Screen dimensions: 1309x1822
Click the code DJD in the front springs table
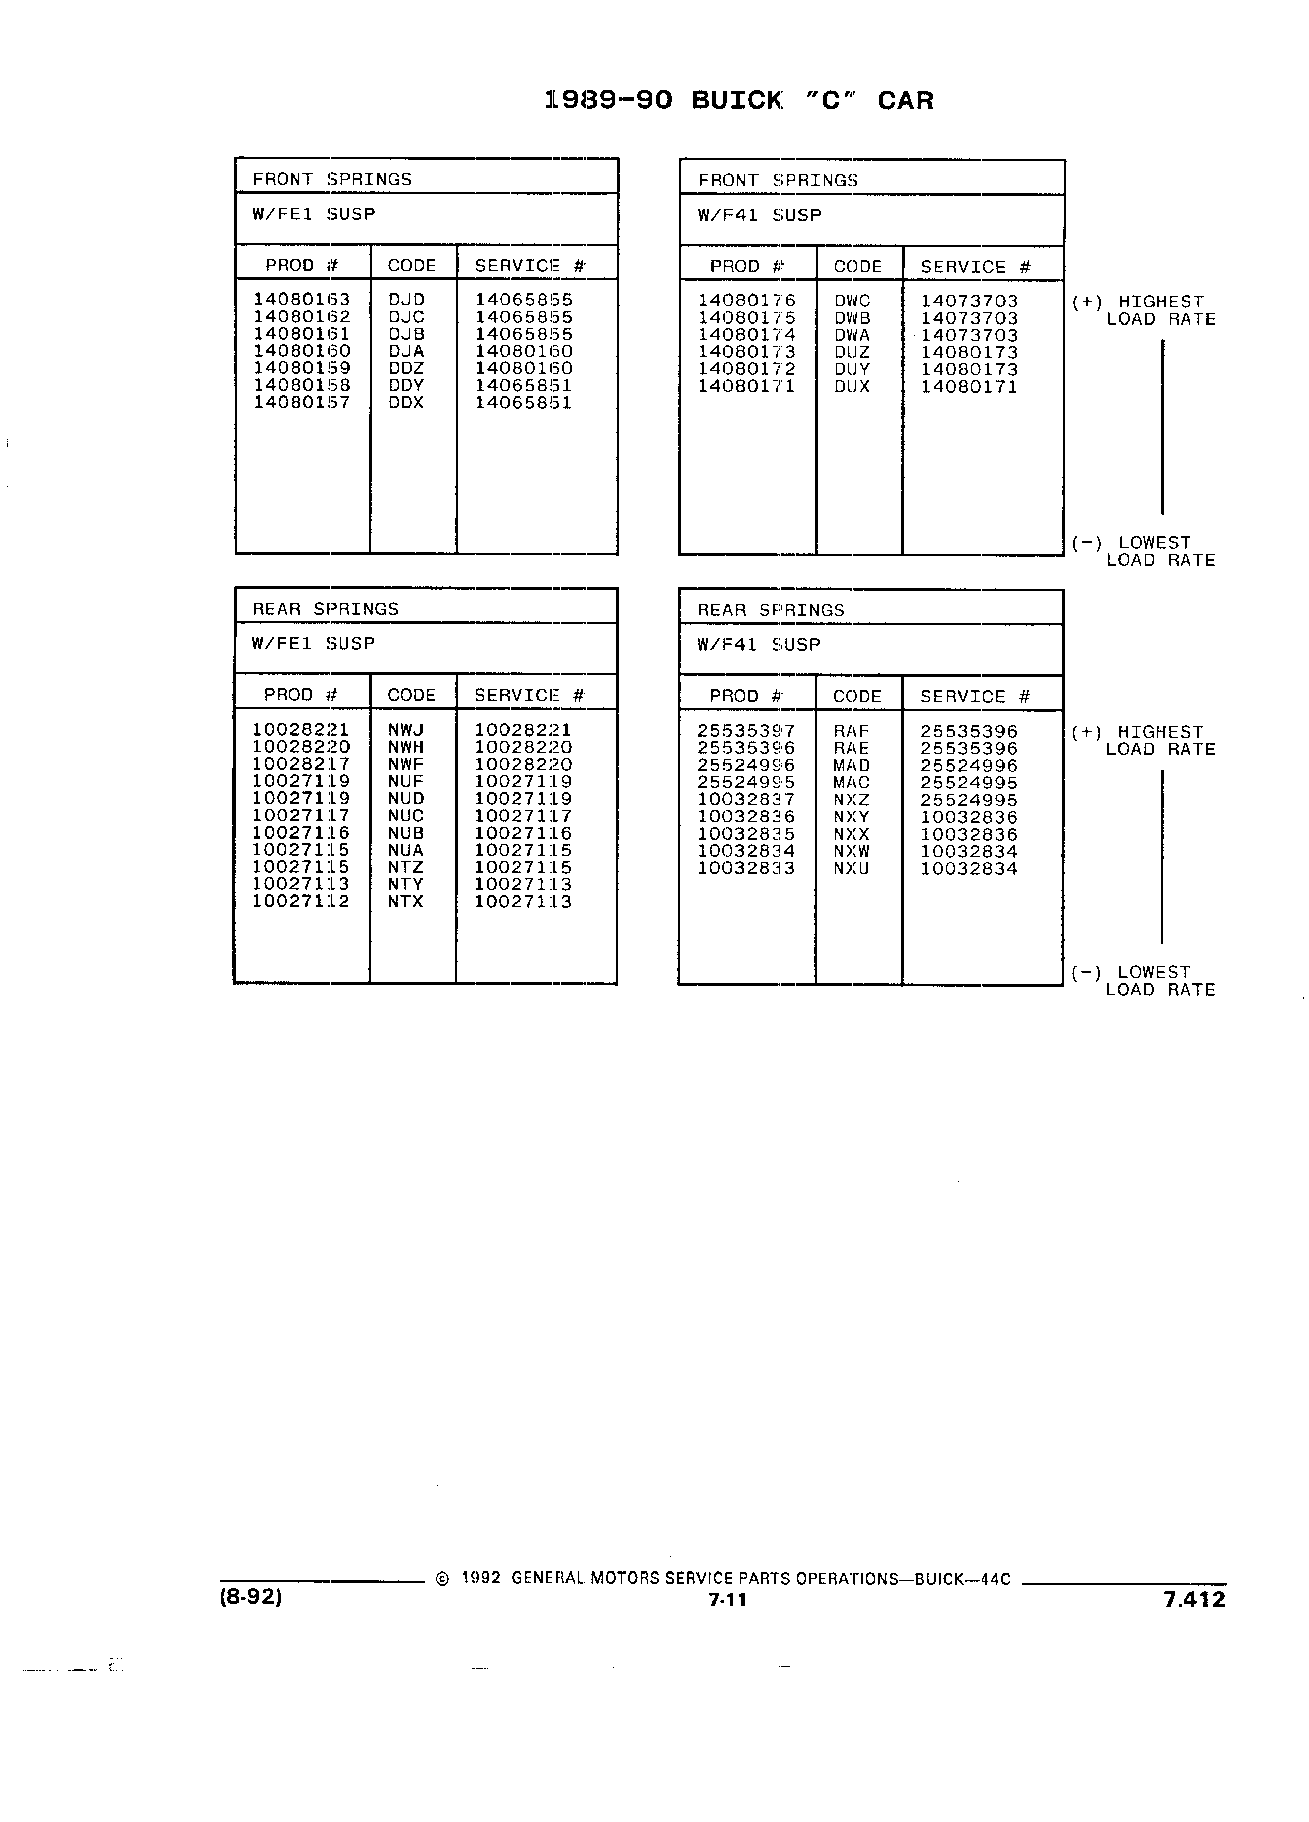[406, 300]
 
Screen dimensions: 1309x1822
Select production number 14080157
[302, 403]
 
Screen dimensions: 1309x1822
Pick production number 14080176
[747, 301]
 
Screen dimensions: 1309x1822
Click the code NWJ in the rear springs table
[406, 729]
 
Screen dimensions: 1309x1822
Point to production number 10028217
[301, 764]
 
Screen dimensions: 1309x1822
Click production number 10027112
[301, 901]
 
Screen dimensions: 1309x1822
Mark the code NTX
[406, 901]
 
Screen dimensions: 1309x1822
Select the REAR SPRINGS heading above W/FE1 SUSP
[326, 609]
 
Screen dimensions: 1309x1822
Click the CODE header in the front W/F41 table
[858, 267]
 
